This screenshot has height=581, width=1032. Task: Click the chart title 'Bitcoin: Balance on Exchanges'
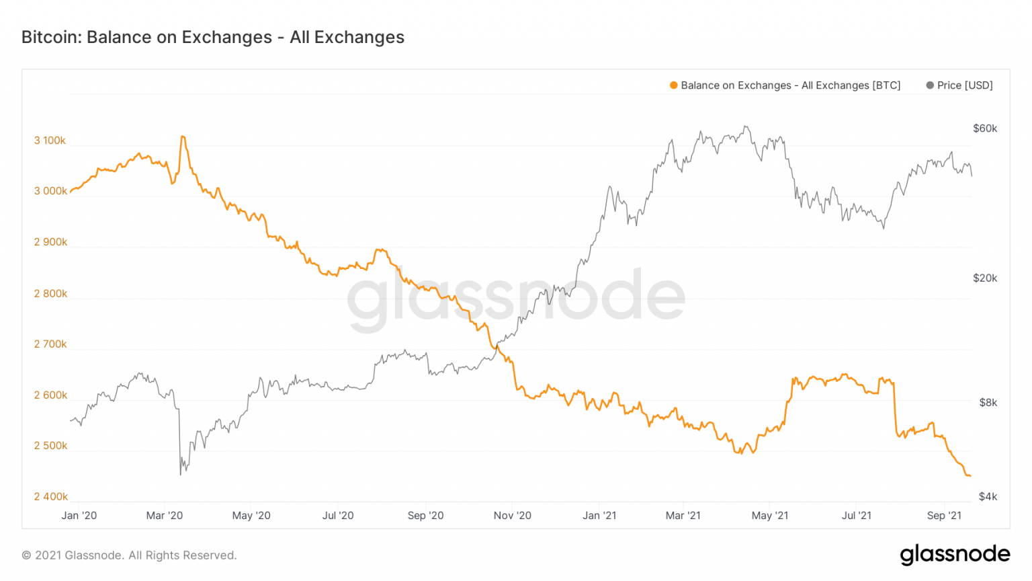[212, 37]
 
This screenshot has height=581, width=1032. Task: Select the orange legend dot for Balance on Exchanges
[673, 85]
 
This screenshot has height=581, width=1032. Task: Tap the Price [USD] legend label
[964, 85]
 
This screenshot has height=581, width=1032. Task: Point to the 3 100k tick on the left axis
[50, 141]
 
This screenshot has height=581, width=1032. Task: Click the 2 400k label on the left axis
[50, 497]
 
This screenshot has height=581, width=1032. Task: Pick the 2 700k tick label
[50, 344]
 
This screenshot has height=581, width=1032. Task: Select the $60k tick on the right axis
[985, 128]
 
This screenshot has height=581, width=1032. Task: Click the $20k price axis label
[985, 278]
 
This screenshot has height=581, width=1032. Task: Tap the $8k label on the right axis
[988, 403]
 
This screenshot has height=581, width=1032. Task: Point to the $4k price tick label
[988, 497]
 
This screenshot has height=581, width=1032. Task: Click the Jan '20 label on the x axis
[79, 516]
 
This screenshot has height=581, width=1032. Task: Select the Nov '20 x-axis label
[512, 516]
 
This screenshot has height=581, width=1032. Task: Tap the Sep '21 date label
[944, 516]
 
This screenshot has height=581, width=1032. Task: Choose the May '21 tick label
[770, 516]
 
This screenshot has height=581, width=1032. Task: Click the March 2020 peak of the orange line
[183, 137]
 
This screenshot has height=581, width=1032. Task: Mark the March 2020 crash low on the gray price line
[181, 475]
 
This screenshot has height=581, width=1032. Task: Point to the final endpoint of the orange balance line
[970, 476]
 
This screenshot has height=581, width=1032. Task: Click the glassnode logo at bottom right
[955, 554]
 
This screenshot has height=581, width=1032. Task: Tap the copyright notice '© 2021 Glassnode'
[129, 555]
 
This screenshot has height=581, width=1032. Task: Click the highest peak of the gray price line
[745, 126]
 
